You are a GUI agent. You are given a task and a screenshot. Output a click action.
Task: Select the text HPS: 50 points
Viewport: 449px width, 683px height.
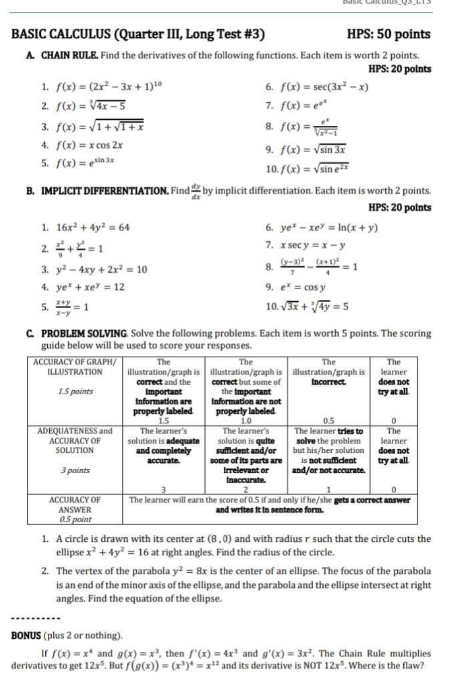point(388,34)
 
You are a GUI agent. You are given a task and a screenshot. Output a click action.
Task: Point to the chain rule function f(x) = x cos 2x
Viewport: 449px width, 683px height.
point(90,146)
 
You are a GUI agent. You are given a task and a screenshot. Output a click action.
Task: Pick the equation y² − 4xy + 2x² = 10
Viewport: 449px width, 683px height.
point(101,269)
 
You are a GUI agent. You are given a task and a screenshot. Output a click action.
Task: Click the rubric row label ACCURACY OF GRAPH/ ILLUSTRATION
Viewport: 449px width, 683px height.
point(75,367)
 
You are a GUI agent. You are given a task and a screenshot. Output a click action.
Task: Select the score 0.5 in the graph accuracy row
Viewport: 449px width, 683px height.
point(329,421)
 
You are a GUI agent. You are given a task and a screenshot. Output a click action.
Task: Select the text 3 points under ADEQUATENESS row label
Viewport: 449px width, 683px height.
point(75,470)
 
